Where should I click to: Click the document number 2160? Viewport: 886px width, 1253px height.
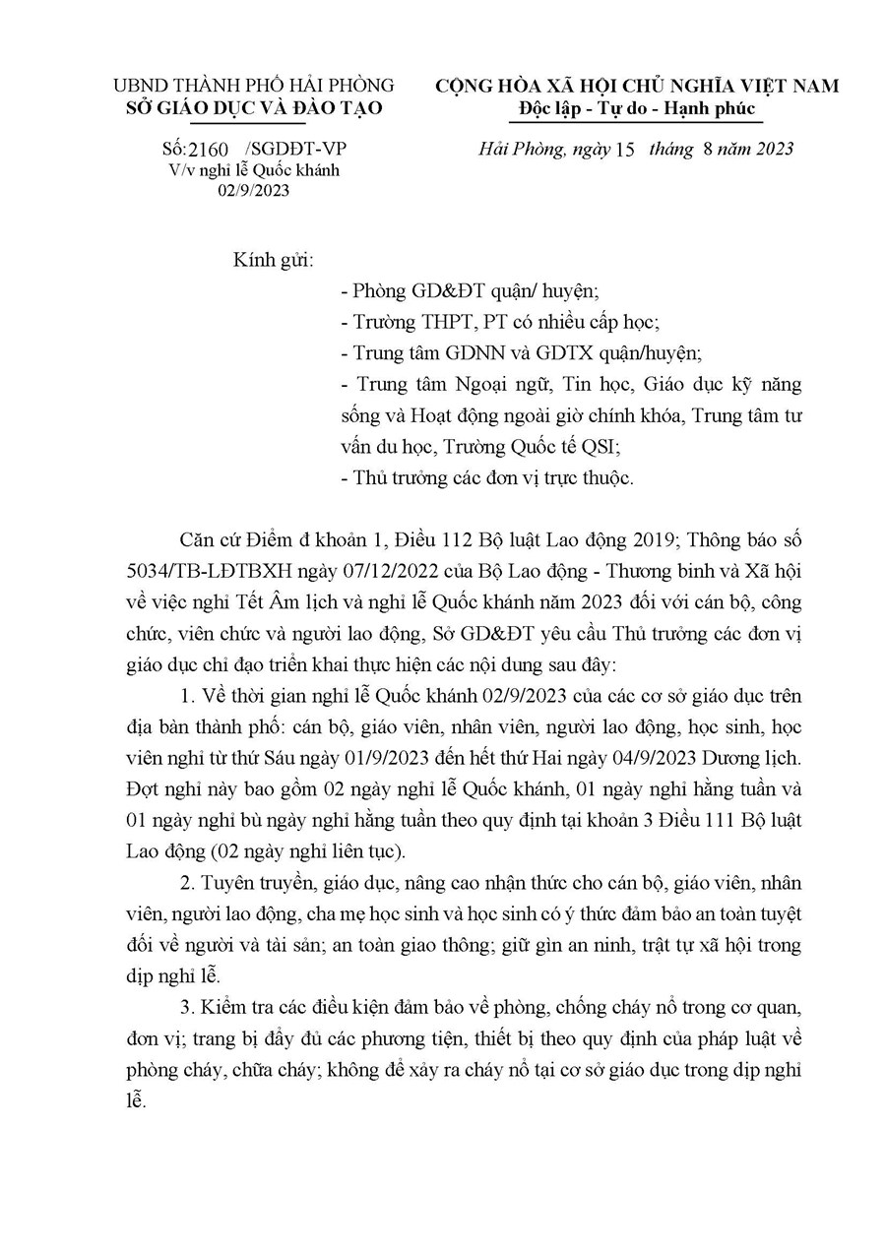click(x=209, y=150)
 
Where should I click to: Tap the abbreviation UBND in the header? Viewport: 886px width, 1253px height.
click(x=141, y=87)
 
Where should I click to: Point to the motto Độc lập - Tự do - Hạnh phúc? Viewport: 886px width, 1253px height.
click(x=636, y=108)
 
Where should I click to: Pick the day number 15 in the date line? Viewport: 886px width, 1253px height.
click(x=624, y=149)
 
